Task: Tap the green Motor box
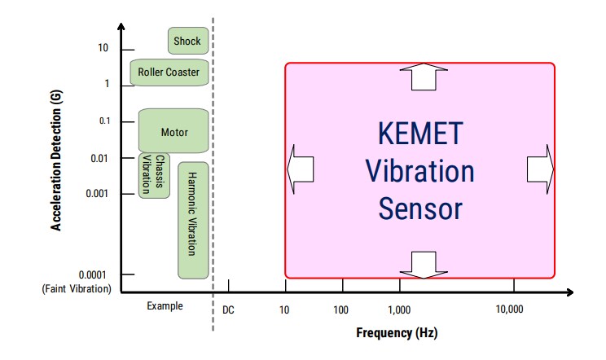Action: (x=174, y=131)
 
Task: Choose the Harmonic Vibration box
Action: (x=193, y=219)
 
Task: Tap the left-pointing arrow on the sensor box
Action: (x=301, y=169)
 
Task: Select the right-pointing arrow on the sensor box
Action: (x=540, y=169)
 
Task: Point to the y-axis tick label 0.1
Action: (x=104, y=121)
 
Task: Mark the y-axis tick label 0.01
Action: (x=99, y=157)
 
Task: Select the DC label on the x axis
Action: (x=228, y=310)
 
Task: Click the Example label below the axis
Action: (x=165, y=306)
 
